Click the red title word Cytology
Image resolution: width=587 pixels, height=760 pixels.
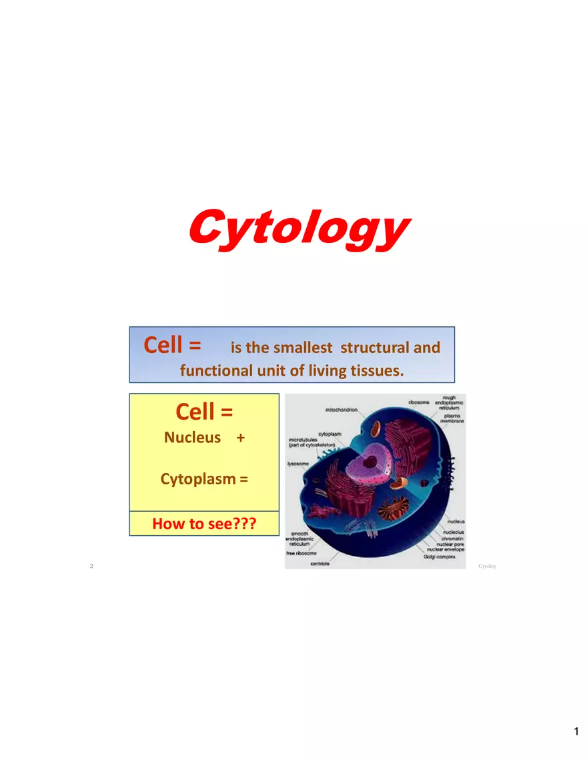297,227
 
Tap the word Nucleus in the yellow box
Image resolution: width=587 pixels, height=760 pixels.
192,438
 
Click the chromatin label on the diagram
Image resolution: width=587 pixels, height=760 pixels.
452,538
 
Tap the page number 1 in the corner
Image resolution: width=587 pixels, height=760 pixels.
576,732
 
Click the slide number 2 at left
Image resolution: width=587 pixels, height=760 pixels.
91,566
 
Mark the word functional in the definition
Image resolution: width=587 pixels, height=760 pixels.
216,370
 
